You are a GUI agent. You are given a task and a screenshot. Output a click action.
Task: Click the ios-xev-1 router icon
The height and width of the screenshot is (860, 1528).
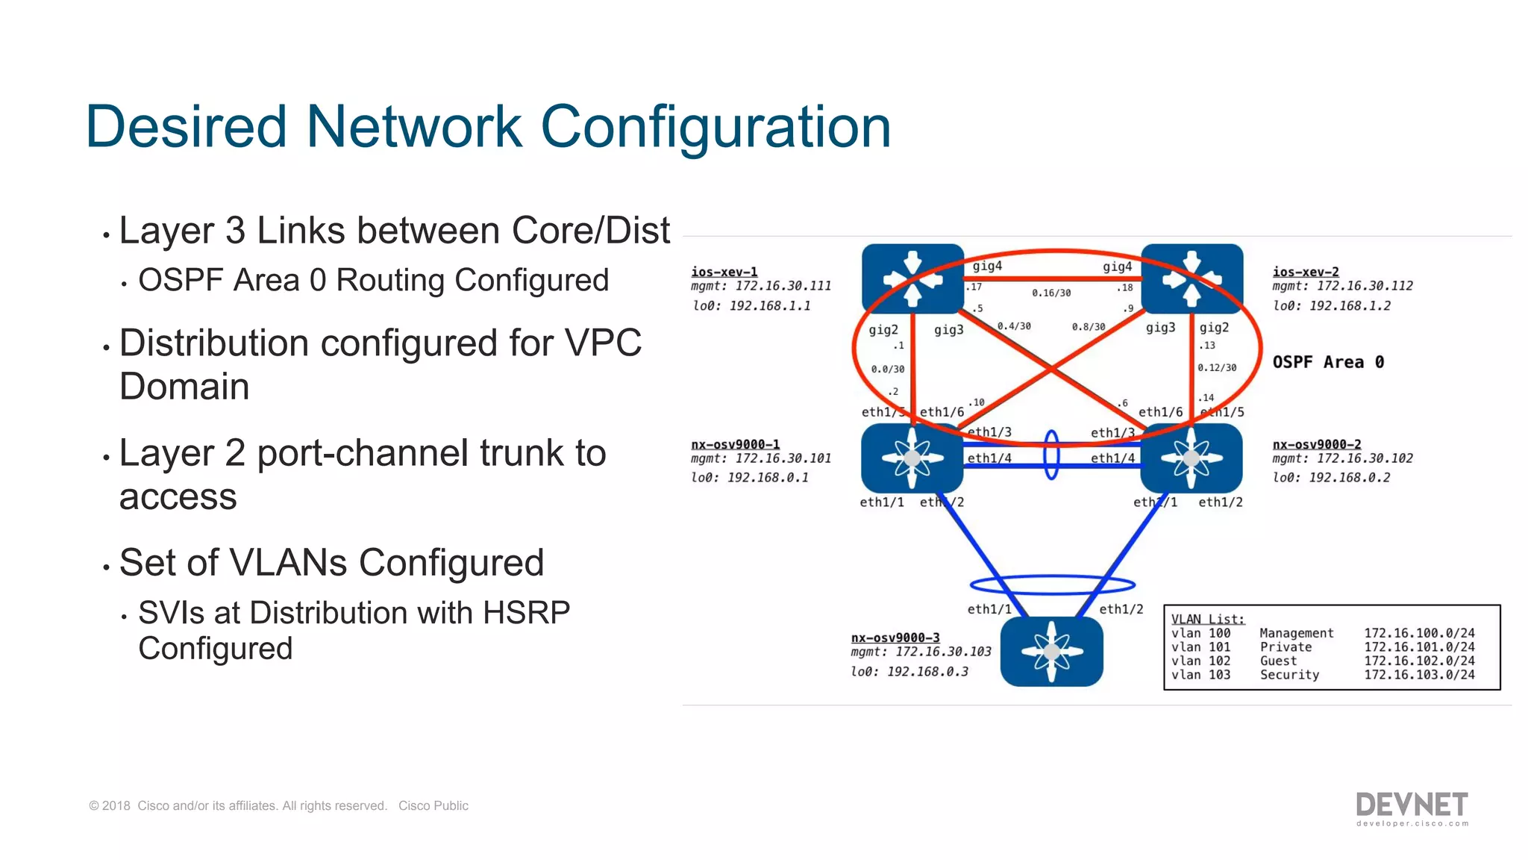pos(912,279)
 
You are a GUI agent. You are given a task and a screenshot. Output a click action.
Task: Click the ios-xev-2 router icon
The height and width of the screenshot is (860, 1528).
pos(1192,279)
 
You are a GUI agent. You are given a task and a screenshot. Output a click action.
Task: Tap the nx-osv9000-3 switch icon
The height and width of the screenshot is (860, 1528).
pos(1051,652)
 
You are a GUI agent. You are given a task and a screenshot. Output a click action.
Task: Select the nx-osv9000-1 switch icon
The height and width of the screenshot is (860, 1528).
pos(912,458)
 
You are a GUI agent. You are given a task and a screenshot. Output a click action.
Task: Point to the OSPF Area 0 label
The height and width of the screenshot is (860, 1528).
pos(1328,362)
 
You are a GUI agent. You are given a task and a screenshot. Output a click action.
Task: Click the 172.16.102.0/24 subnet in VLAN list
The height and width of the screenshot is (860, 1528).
pos(1419,661)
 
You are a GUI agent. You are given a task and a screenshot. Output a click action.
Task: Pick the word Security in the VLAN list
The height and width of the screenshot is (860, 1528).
pos(1289,675)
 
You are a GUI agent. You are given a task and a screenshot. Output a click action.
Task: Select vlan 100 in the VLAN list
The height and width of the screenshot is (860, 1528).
pos(1200,633)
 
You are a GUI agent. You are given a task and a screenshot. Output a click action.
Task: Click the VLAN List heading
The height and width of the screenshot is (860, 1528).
pos(1207,619)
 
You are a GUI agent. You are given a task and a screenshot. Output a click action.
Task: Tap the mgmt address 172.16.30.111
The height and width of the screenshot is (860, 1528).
pos(783,286)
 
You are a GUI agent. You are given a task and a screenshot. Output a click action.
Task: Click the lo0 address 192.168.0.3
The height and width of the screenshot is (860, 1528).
pos(927,672)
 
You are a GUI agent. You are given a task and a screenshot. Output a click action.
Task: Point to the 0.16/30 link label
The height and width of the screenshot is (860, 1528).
pos(1051,293)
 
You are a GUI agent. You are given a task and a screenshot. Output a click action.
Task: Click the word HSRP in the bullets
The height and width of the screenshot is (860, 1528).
pos(526,613)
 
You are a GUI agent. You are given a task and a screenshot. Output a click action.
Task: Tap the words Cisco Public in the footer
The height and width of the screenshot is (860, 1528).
pos(433,806)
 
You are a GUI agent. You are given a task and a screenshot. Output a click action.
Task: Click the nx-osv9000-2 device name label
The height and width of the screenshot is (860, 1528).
pos(1316,444)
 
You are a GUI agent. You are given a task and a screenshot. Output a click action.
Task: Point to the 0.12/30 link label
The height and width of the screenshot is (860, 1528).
pos(1217,368)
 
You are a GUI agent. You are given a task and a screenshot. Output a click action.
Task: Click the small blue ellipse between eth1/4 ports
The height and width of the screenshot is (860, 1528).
pos(1051,455)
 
